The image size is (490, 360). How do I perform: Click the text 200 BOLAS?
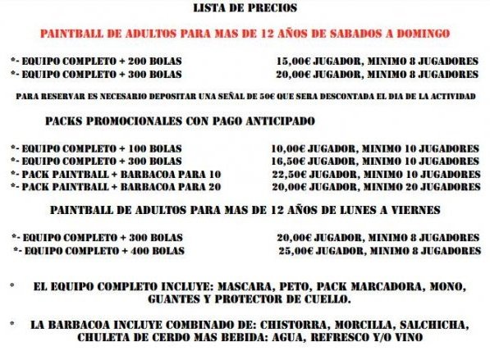pos(161,61)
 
